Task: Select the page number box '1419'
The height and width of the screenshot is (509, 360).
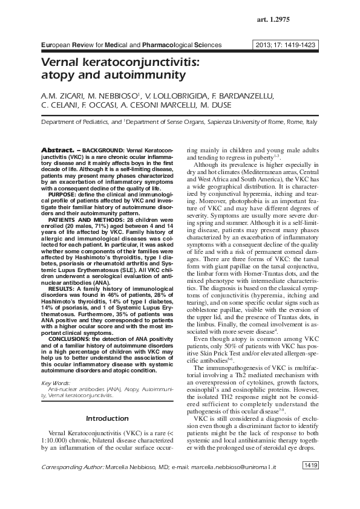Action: point(310,466)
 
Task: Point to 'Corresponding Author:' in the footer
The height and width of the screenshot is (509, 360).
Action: point(71,468)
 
